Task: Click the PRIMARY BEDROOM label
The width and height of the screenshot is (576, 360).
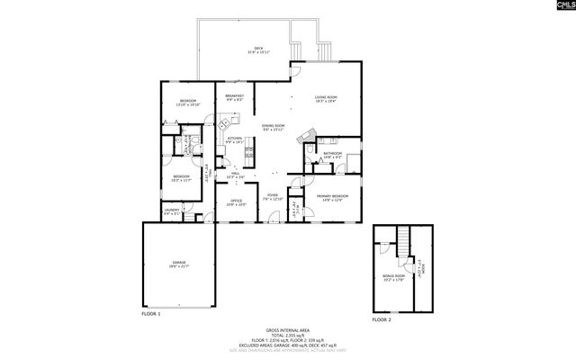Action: [x=332, y=197]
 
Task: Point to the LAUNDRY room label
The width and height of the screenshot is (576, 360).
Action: [x=172, y=212]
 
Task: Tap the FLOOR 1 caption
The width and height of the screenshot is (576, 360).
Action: [x=151, y=314]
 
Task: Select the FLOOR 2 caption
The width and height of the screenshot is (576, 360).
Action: [x=382, y=319]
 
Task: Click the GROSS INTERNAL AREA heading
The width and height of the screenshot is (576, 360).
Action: [x=287, y=329]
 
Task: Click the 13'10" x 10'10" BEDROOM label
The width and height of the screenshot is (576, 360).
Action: [x=187, y=102]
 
